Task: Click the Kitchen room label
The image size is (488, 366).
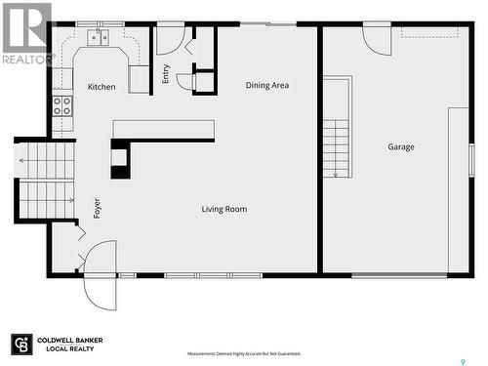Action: [x=102, y=87]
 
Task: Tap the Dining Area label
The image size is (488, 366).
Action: [x=266, y=86]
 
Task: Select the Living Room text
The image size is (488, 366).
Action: [x=224, y=209]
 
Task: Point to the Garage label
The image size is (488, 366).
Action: [x=401, y=147]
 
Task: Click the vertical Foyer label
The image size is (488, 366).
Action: [x=97, y=208]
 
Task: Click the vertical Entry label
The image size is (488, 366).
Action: [x=166, y=73]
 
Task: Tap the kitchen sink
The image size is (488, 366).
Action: [x=99, y=38]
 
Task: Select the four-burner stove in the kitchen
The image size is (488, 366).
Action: [x=62, y=105]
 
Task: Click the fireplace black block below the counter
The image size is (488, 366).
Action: [x=120, y=160]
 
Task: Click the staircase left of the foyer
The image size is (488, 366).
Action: [x=46, y=181]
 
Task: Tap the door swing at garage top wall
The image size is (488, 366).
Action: [x=377, y=39]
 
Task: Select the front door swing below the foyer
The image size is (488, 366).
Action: [x=100, y=276]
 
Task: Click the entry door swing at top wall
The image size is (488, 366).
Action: [x=170, y=39]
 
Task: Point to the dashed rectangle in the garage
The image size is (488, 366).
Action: [x=429, y=32]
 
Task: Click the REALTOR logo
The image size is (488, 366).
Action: [x=26, y=33]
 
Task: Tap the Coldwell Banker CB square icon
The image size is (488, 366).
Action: [x=21, y=345]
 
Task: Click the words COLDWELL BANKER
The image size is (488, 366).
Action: [x=70, y=341]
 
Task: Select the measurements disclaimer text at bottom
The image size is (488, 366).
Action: [x=244, y=353]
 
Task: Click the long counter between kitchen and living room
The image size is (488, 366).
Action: [x=163, y=130]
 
